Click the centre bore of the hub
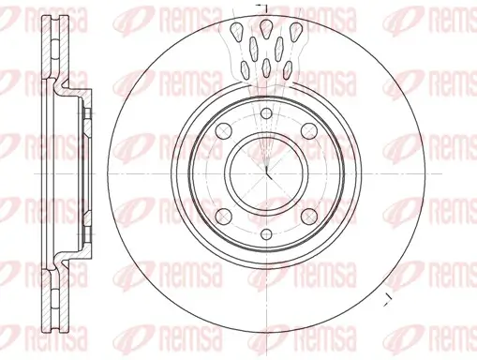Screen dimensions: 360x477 click(266, 172)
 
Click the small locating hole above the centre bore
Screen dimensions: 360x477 click(266, 114)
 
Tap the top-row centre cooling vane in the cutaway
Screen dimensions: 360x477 click(267, 28)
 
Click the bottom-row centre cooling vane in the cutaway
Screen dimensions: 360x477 click(267, 67)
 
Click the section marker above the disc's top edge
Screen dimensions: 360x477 click(266, 7)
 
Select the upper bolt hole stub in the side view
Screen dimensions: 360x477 click(85, 120)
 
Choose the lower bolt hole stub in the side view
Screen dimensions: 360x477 click(85, 228)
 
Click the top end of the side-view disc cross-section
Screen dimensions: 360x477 click(47, 22)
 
